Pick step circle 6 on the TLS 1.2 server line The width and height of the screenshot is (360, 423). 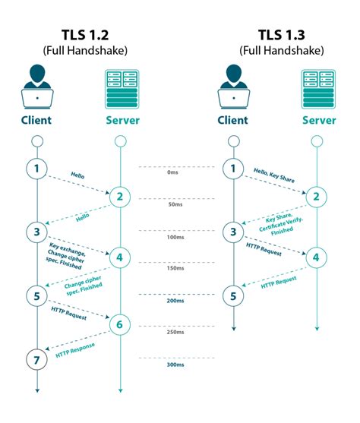click(119, 325)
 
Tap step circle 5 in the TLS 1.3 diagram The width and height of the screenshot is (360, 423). click(233, 295)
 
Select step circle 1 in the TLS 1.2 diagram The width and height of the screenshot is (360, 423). click(36, 167)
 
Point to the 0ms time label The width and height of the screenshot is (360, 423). click(175, 172)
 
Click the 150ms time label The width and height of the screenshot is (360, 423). click(175, 268)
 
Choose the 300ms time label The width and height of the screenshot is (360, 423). click(175, 365)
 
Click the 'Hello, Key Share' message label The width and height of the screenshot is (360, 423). click(274, 176)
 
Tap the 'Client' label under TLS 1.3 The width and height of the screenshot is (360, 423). click(233, 120)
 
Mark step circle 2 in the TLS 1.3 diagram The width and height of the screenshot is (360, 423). click(317, 197)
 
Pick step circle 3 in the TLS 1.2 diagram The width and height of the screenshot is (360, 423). click(36, 231)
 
